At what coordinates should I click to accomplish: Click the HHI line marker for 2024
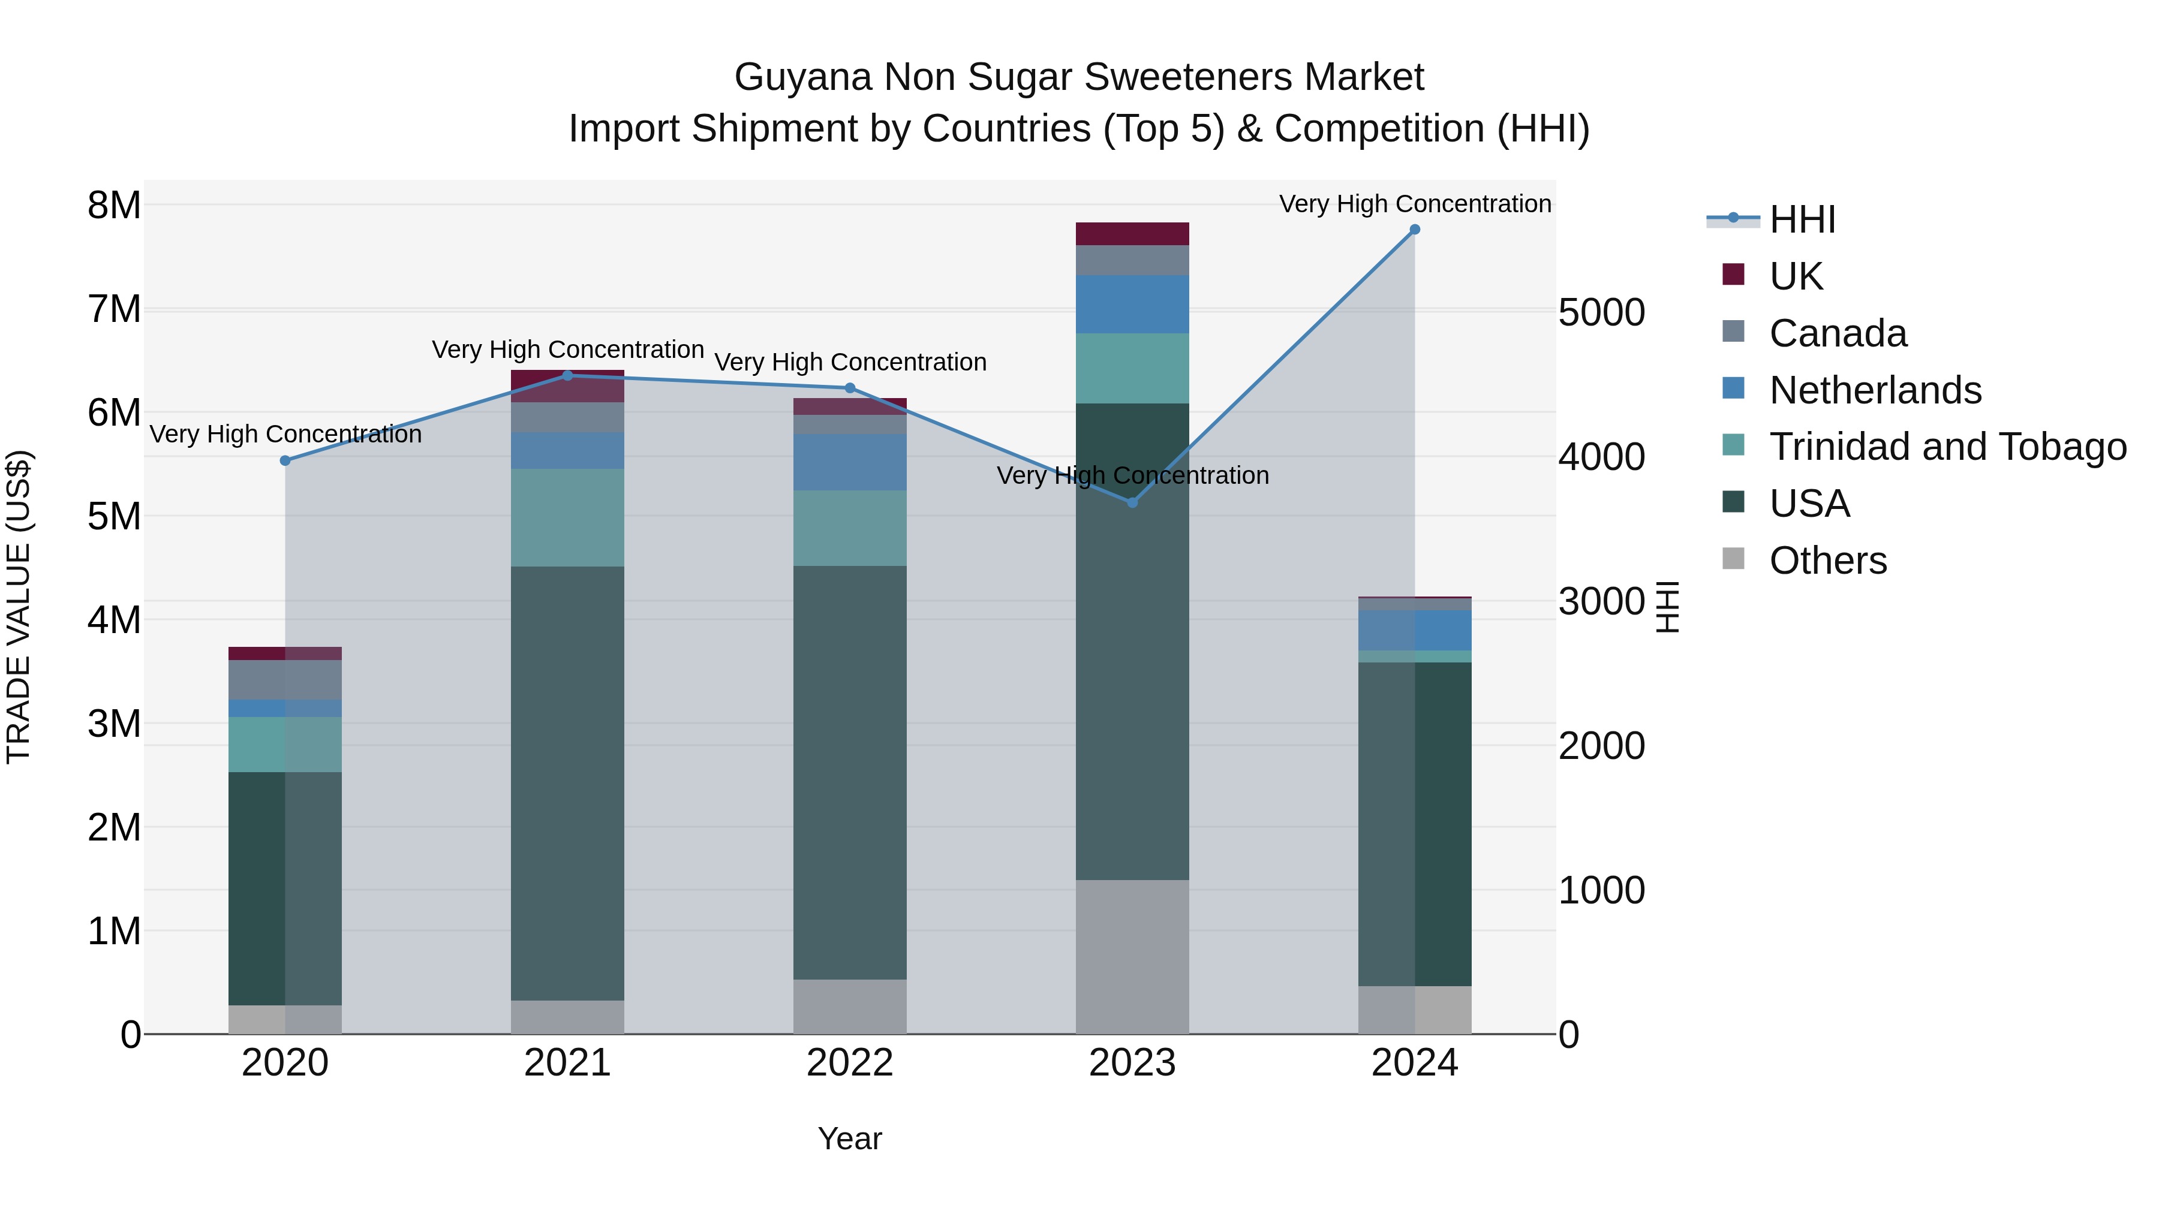tap(1415, 230)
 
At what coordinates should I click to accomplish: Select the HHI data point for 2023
tap(1132, 503)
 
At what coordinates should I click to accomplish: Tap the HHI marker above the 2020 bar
tap(285, 461)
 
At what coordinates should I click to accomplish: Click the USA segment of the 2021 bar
tap(567, 784)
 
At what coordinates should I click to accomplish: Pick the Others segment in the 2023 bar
tap(1132, 957)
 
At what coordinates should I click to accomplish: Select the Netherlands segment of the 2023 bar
tap(1132, 304)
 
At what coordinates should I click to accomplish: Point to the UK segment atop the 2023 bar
tap(1132, 234)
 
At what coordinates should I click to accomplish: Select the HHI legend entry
tap(1802, 219)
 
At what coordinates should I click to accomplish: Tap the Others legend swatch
tap(1733, 559)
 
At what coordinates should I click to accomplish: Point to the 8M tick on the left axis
tap(114, 205)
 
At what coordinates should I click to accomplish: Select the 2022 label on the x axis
tap(850, 1063)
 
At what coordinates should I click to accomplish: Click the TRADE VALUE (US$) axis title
tap(19, 607)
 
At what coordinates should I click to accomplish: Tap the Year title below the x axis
tap(850, 1138)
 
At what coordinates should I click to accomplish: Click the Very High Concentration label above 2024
tap(1415, 204)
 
